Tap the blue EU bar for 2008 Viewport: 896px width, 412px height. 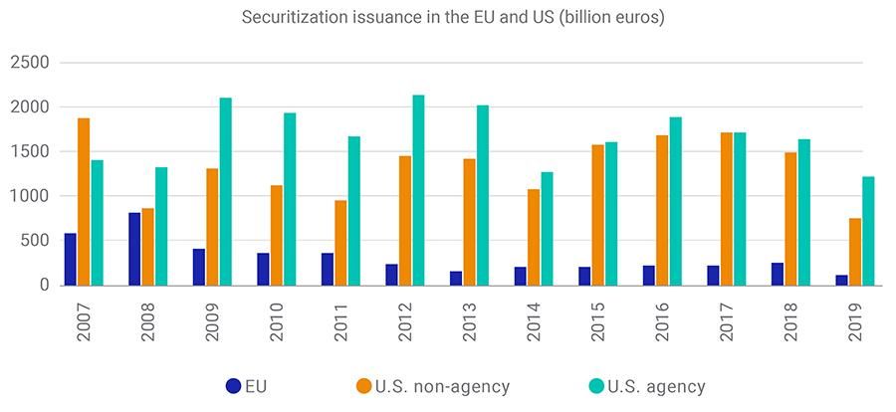pyautogui.click(x=134, y=249)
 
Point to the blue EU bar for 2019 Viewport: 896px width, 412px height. pyautogui.click(x=841, y=280)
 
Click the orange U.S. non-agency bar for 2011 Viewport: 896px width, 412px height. pyautogui.click(x=340, y=243)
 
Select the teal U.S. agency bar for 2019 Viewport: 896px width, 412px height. pyautogui.click(x=868, y=231)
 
